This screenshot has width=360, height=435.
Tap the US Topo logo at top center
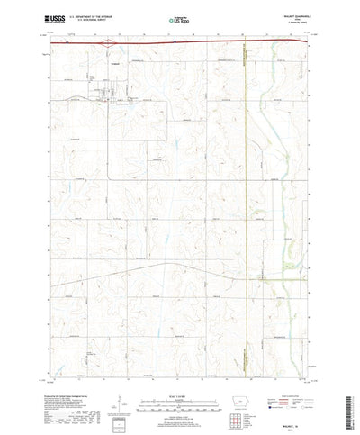[x=179, y=18]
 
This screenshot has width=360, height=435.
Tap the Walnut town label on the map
[x=107, y=65]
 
